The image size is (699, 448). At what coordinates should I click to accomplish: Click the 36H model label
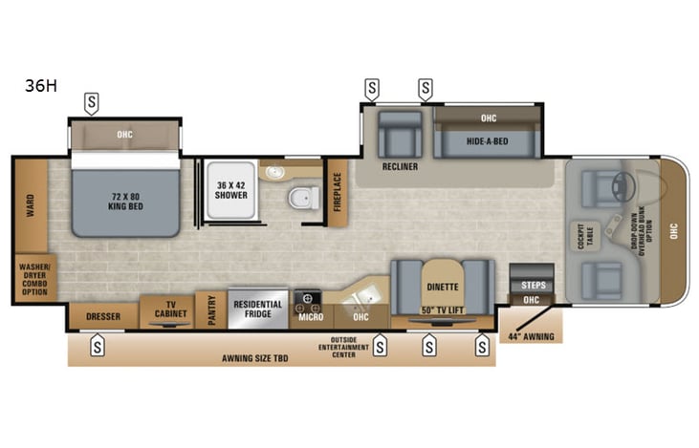(x=41, y=85)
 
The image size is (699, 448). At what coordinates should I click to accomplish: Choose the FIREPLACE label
(x=337, y=192)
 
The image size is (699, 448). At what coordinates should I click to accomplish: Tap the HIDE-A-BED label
(x=487, y=139)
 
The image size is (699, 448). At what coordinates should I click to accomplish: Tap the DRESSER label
(x=102, y=315)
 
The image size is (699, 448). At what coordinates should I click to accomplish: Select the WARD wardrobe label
(x=31, y=204)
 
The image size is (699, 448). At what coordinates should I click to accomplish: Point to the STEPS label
(x=532, y=285)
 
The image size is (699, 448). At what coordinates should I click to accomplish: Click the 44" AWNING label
(x=532, y=335)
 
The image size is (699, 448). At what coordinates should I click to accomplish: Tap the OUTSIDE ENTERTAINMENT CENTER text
(x=342, y=347)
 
